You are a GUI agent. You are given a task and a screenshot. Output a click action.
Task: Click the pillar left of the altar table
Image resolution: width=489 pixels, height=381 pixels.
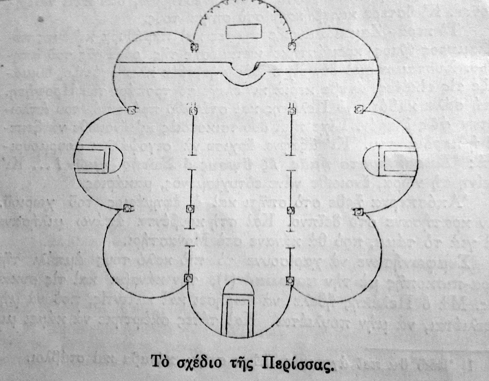click(194, 47)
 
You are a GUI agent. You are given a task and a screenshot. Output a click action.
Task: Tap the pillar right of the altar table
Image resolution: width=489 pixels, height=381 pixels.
click(291, 46)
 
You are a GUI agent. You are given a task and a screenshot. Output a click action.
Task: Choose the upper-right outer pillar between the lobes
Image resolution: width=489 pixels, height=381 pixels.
click(358, 109)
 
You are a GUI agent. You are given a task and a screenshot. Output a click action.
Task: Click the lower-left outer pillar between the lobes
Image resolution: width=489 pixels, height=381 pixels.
click(127, 209)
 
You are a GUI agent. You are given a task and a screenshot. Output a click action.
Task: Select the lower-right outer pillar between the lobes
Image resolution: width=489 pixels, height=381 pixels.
click(357, 212)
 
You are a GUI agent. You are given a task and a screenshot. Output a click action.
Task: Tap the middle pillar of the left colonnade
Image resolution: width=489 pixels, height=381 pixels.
click(190, 209)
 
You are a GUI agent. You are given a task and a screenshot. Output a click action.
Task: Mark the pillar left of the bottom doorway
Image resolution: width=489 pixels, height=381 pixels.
click(188, 278)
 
